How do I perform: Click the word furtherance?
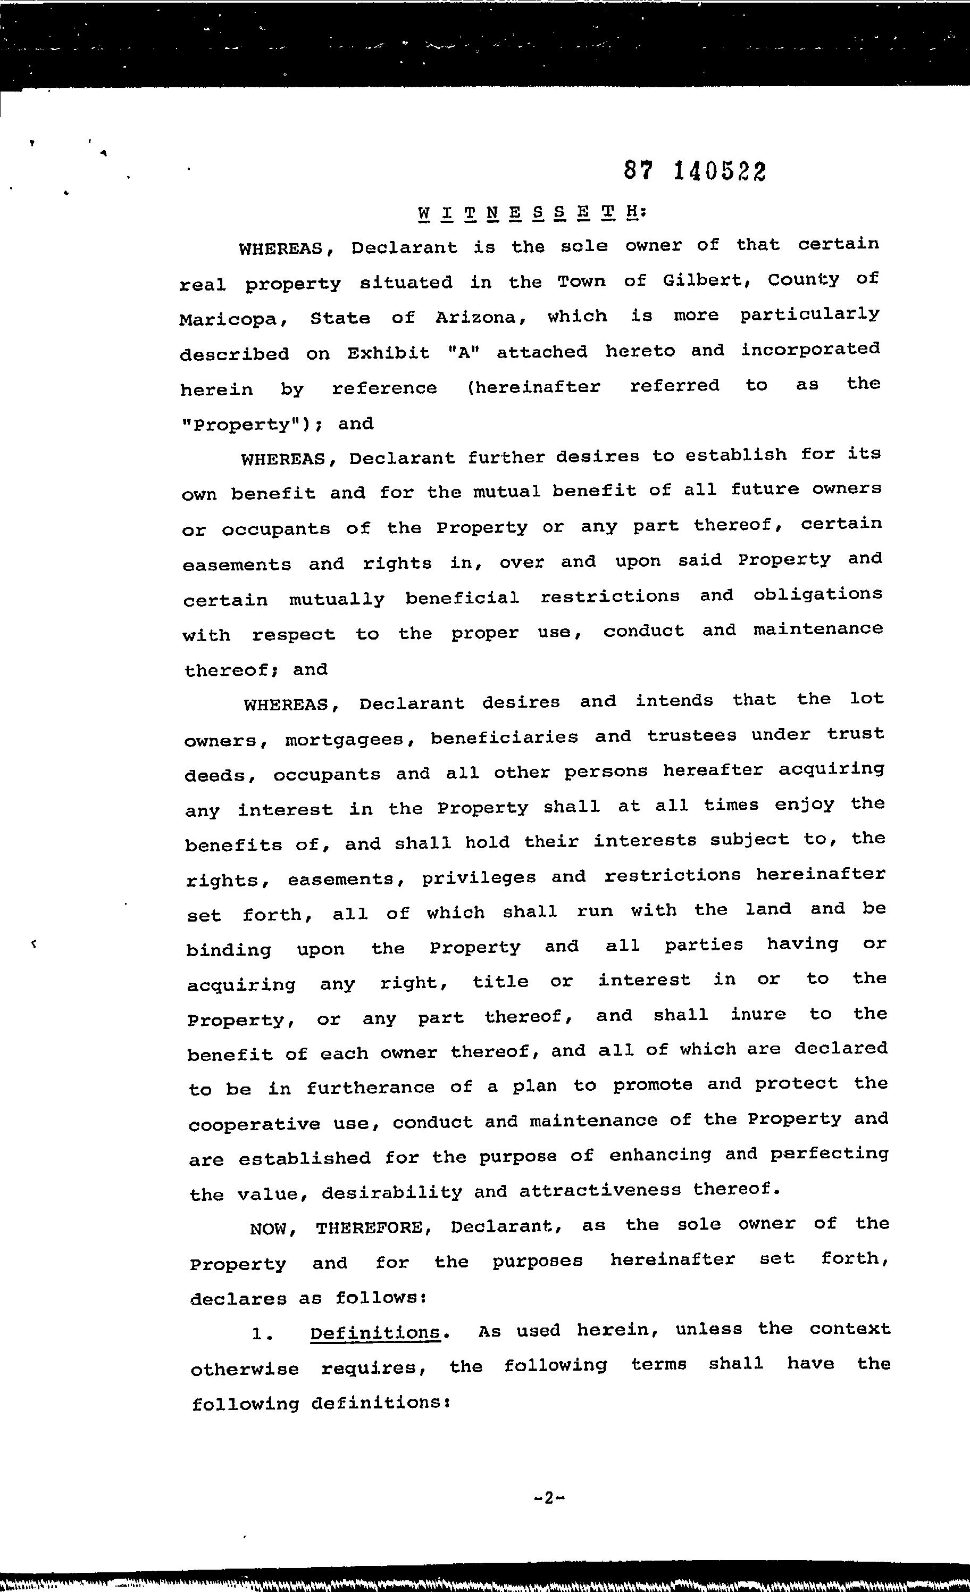(370, 1088)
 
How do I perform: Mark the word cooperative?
(254, 1124)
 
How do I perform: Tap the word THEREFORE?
(373, 1227)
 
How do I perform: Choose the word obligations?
(817, 594)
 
